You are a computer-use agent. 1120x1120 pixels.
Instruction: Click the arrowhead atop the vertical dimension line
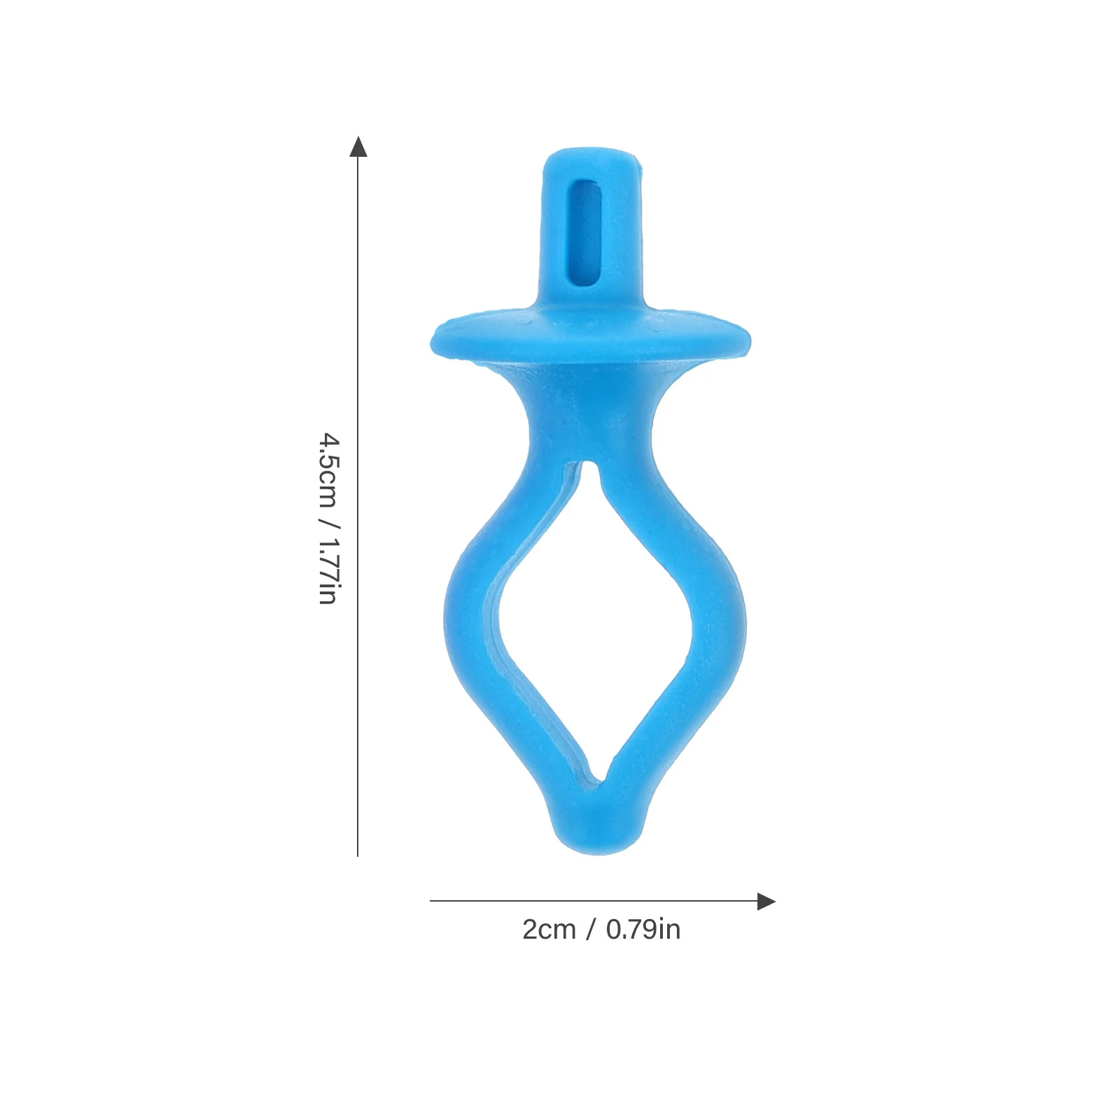pyautogui.click(x=358, y=146)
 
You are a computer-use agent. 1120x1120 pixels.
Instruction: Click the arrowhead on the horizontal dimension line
pyautogui.click(x=766, y=902)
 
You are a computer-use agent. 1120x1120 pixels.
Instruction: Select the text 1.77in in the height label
pyautogui.click(x=328, y=570)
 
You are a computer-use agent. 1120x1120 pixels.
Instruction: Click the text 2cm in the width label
pyautogui.click(x=549, y=930)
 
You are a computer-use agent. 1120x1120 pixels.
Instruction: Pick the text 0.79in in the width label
pyautogui.click(x=643, y=930)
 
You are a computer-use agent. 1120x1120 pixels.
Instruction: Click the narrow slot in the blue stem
pyautogui.click(x=587, y=232)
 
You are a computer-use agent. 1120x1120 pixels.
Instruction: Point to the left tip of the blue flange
pyautogui.click(x=433, y=344)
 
